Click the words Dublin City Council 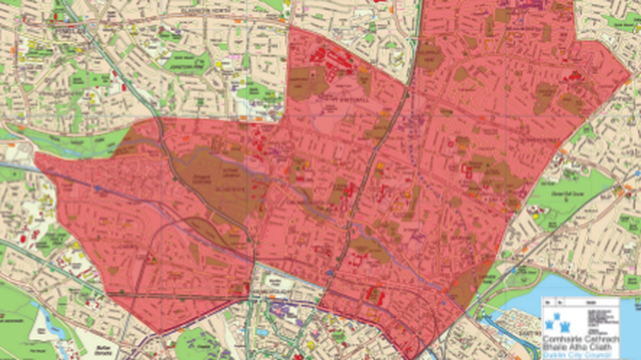tap(577, 355)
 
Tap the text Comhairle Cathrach tap(580, 339)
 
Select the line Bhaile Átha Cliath tap(577, 347)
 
